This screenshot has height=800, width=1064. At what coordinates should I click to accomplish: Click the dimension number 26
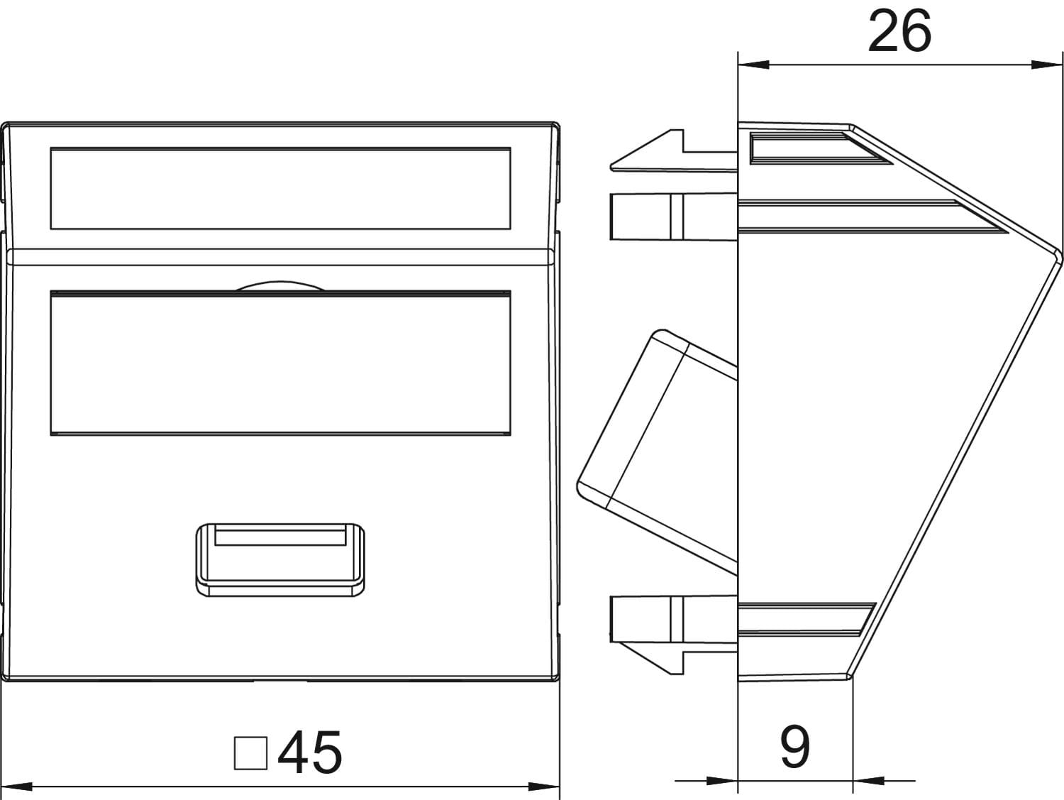(x=899, y=31)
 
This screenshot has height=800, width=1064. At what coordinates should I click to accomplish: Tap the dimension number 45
(x=310, y=752)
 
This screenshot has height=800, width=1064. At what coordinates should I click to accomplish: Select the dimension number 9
(x=795, y=747)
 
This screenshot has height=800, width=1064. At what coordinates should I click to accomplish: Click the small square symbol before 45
(x=250, y=753)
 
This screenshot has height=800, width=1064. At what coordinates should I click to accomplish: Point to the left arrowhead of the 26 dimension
(x=753, y=65)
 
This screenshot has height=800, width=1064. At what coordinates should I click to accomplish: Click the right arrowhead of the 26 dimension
(x=1047, y=65)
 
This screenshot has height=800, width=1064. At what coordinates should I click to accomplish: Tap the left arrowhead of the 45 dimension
(x=17, y=787)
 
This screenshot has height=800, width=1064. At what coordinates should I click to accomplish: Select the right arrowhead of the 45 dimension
(x=544, y=787)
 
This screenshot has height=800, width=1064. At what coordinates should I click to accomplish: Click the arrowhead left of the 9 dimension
(x=722, y=781)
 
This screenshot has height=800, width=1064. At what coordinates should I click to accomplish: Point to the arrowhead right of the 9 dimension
(x=868, y=781)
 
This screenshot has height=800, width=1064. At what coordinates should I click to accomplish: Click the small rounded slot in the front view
(x=280, y=560)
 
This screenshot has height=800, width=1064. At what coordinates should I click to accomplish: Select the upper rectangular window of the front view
(x=281, y=188)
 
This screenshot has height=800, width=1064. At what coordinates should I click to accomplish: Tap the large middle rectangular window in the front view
(x=281, y=363)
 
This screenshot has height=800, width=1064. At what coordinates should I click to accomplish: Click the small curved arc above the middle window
(x=280, y=286)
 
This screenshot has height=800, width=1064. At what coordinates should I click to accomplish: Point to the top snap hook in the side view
(x=674, y=150)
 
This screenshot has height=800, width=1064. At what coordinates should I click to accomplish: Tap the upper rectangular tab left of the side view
(x=674, y=217)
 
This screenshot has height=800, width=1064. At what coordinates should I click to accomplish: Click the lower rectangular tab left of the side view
(x=674, y=619)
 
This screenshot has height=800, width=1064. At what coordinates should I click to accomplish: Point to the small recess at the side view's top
(x=821, y=148)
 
